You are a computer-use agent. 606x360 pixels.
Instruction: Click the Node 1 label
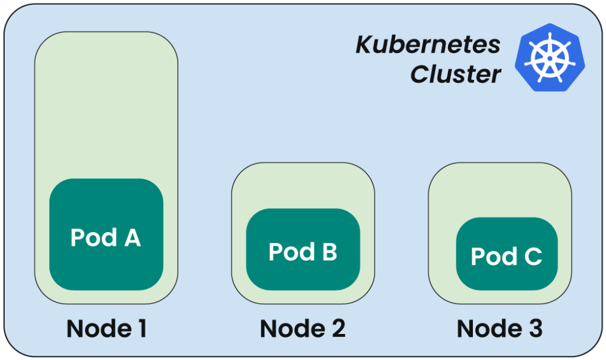point(107,329)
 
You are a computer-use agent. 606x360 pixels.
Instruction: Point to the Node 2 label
point(302,329)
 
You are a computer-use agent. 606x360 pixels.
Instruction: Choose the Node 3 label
point(499,329)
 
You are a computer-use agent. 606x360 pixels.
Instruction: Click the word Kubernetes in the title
point(428,45)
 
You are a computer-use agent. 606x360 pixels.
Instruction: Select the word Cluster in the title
point(456,75)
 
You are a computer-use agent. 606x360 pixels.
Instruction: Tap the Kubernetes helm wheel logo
point(547,57)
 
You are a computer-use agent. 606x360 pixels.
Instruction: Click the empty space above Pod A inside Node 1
point(106,107)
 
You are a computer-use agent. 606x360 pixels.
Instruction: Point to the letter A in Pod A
point(131,237)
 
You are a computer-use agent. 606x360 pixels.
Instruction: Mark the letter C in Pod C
point(531,256)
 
